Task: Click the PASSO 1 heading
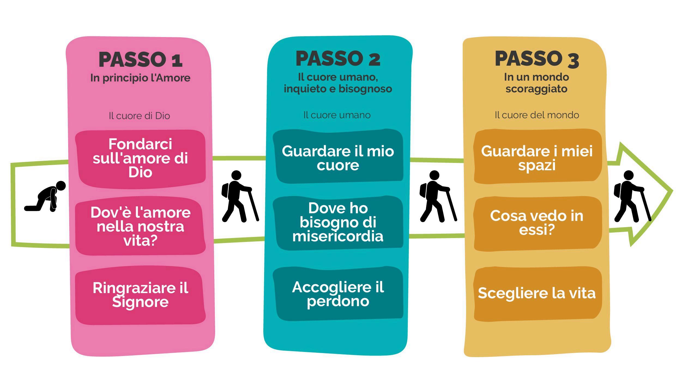[x=140, y=59]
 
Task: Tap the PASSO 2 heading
[x=338, y=59]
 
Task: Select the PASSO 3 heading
[x=537, y=59]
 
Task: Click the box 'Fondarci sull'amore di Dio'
[x=140, y=159]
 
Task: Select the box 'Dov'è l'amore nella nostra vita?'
[x=140, y=226]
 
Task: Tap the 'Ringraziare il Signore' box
[x=140, y=295]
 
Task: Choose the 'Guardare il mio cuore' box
[x=338, y=158]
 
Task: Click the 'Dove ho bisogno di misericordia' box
[x=338, y=222]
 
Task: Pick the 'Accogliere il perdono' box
[x=338, y=294]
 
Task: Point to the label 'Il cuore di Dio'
[x=139, y=116]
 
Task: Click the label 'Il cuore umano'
[x=337, y=115]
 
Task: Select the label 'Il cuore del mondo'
[x=537, y=115]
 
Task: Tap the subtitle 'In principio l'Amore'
[x=140, y=78]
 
